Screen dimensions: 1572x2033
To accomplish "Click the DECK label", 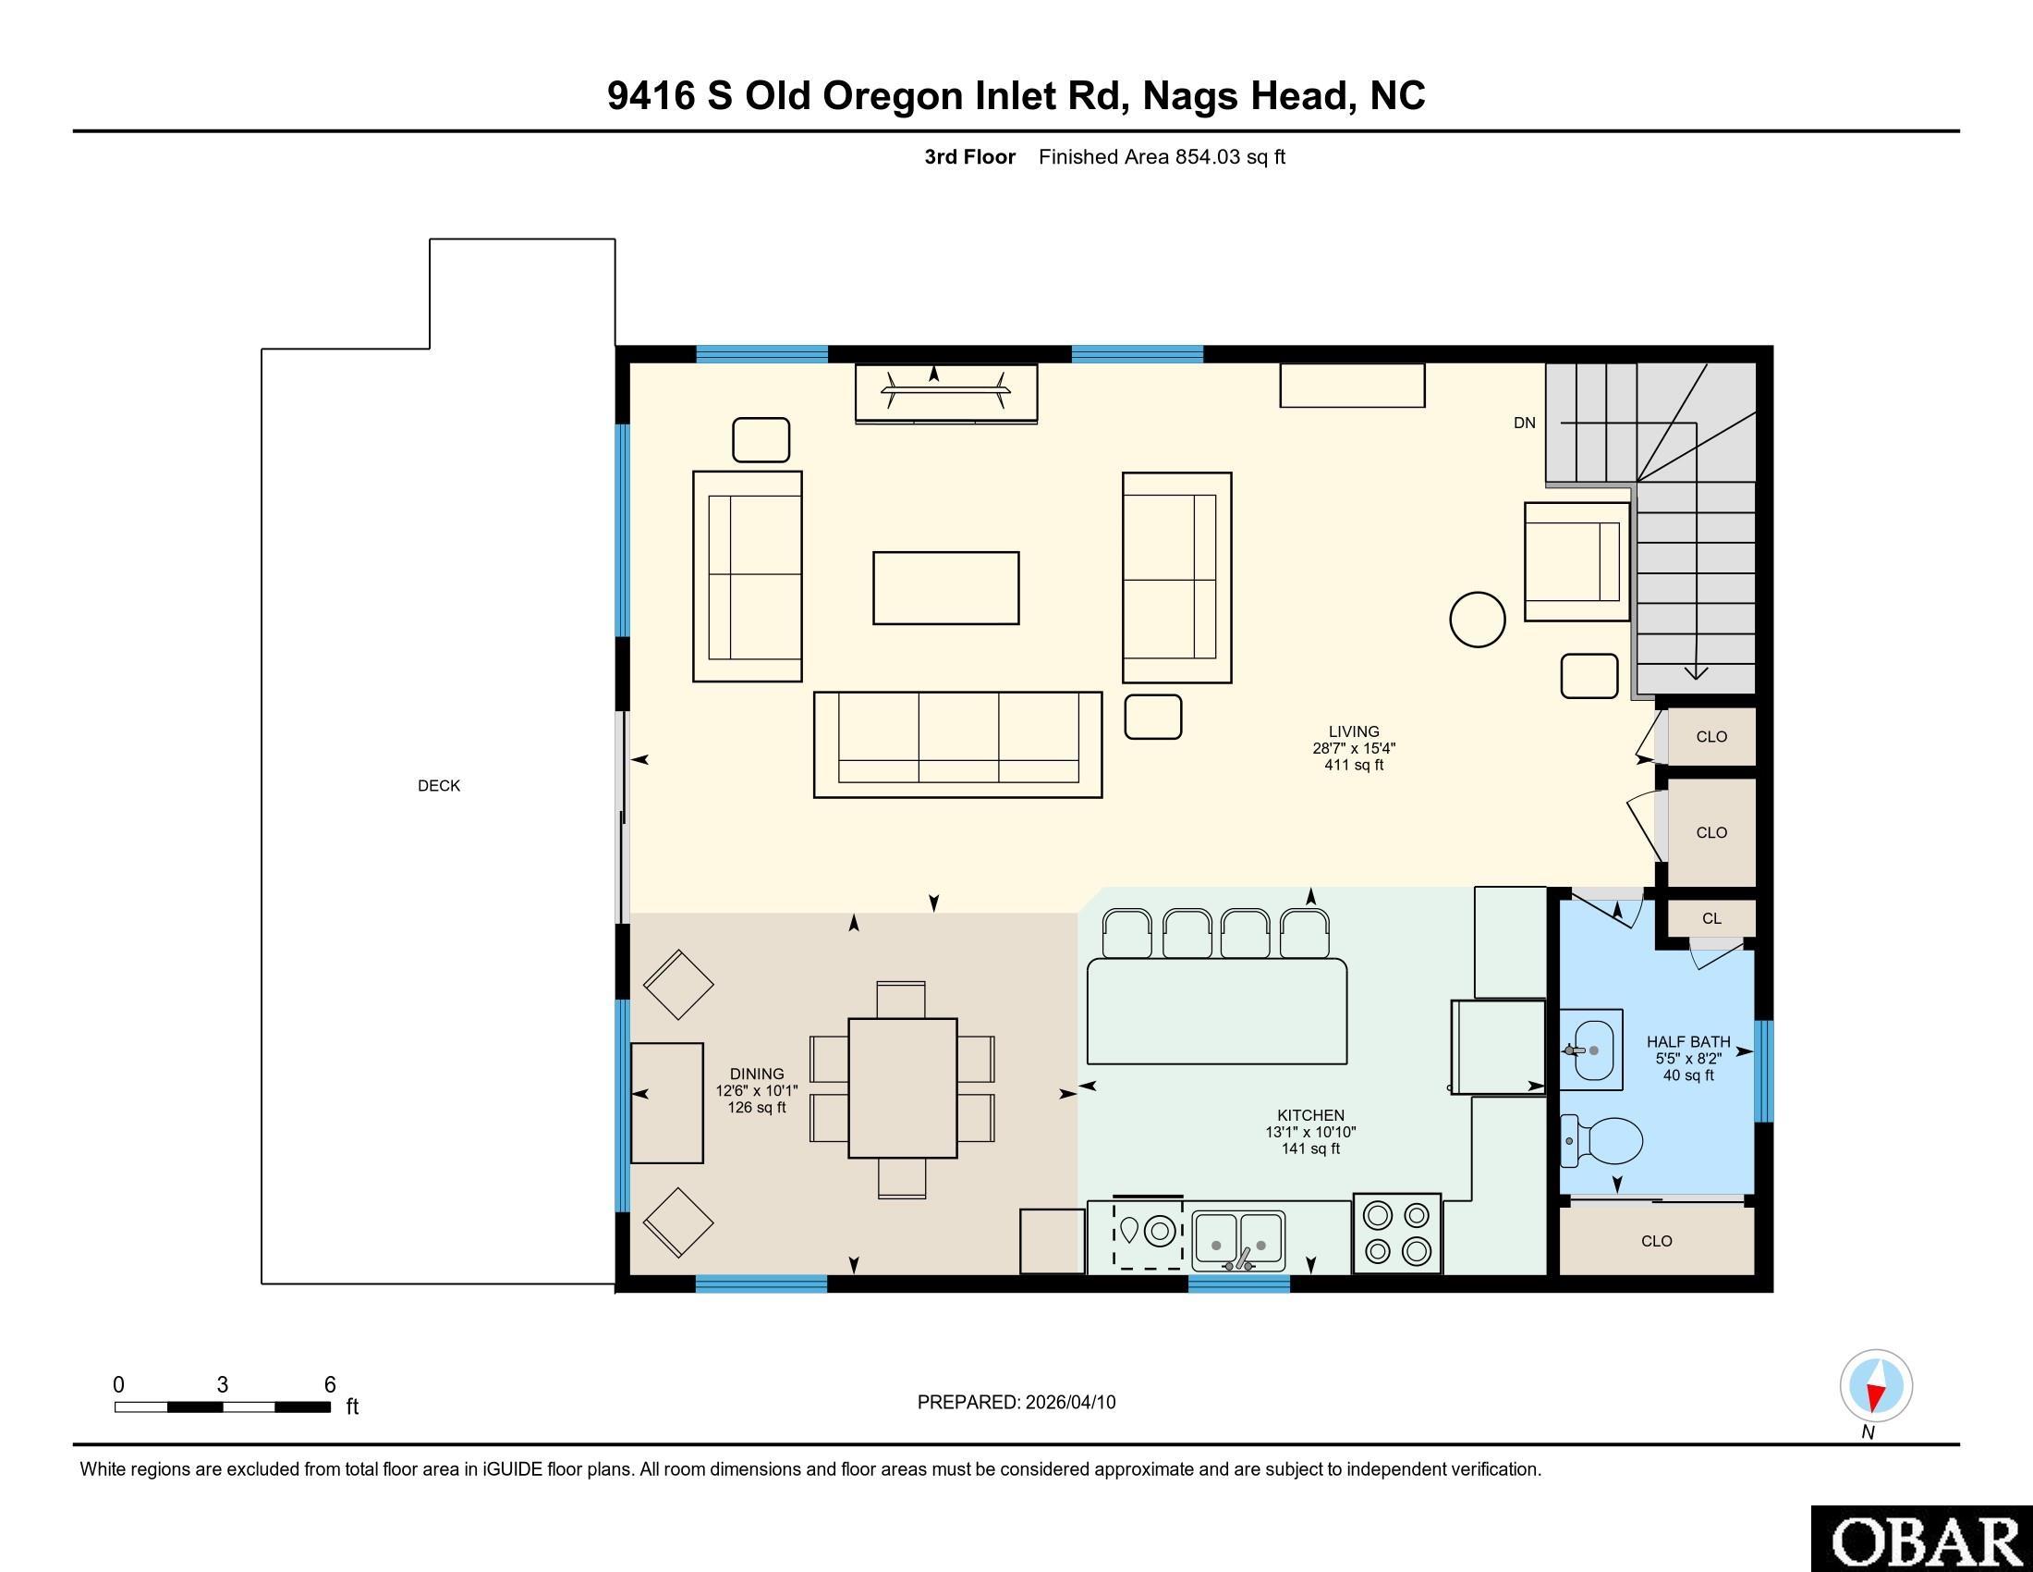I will (438, 786).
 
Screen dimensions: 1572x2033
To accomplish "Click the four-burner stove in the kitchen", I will (1396, 1234).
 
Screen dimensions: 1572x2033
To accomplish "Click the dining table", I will (902, 1087).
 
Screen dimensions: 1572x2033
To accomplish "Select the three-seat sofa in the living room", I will (957, 744).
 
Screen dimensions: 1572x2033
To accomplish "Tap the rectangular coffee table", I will (945, 587).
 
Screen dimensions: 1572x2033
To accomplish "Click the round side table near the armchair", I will (1478, 620).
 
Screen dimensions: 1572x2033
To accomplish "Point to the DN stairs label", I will (1524, 423).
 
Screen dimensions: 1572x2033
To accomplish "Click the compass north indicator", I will (1876, 1387).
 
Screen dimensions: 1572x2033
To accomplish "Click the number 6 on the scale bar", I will (330, 1385).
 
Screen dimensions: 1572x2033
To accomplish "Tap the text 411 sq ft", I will (1354, 766).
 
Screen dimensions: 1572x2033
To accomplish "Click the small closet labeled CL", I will (1710, 918).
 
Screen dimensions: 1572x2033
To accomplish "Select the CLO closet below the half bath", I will (1656, 1241).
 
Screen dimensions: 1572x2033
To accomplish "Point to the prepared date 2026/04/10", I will (1068, 1403).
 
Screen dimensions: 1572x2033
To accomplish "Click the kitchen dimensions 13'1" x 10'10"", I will (1309, 1133).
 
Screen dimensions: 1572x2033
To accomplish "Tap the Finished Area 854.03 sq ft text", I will (1161, 157).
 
